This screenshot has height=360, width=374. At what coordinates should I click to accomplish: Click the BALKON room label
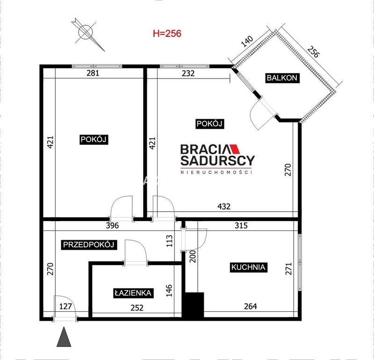282,78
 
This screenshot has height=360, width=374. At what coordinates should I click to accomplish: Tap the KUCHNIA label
248,267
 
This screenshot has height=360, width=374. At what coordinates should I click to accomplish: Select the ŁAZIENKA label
133,293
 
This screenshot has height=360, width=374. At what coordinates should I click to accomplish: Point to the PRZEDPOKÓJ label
89,245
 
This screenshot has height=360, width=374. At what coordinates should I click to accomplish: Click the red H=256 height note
167,33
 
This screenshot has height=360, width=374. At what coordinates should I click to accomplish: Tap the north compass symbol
87,33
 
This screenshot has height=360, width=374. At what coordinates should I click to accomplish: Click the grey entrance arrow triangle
64,337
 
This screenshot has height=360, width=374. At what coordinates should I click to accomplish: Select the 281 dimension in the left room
93,73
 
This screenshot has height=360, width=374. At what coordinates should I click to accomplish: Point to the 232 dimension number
188,73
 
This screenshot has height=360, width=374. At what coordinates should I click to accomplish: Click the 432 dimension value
224,206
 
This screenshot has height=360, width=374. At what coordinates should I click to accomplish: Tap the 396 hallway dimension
112,225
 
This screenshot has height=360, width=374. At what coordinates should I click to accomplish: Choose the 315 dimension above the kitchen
241,225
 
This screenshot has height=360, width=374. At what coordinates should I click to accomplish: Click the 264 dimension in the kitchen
251,306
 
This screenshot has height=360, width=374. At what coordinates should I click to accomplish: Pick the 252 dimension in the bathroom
137,308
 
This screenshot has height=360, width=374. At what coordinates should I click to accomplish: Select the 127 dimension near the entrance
65,306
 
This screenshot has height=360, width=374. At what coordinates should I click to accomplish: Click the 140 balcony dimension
247,41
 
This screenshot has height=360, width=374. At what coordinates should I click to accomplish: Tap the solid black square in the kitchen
193,305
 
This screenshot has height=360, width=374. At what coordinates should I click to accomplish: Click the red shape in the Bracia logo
235,149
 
